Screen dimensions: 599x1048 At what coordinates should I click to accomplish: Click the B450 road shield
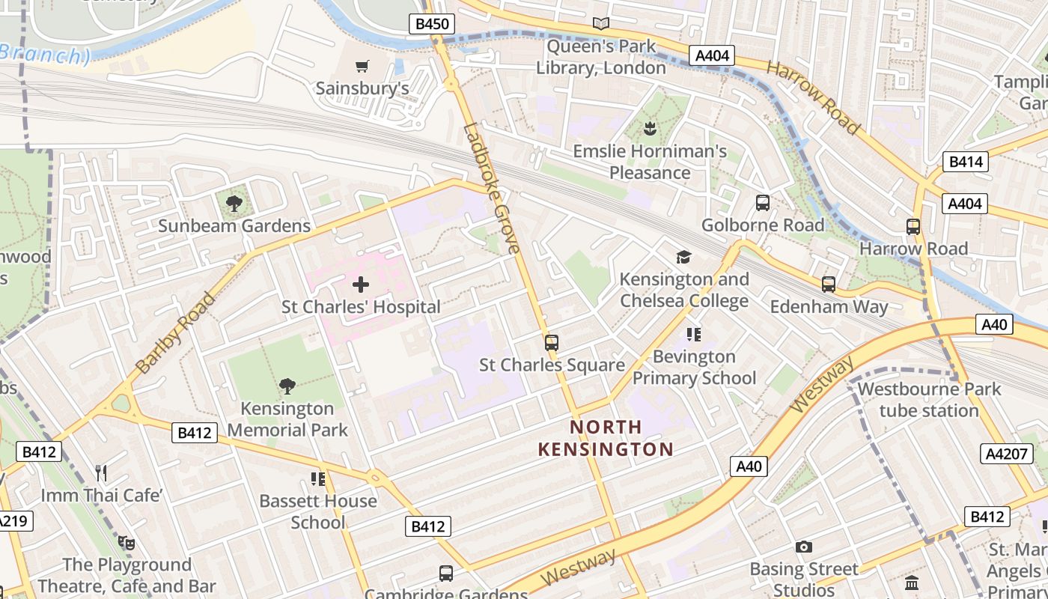coord(432,24)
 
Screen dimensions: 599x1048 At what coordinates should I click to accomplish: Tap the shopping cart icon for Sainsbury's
coord(362,66)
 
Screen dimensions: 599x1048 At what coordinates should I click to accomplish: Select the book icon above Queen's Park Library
coord(600,24)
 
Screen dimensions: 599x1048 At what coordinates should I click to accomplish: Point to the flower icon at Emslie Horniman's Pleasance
coord(650,129)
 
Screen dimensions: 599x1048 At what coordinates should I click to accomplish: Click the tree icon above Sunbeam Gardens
coord(234,202)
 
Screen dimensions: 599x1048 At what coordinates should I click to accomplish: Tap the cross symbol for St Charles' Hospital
coord(361,285)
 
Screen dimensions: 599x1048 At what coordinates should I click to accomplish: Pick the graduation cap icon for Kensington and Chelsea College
coord(683,257)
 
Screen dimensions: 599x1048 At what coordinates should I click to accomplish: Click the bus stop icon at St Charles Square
coord(552,343)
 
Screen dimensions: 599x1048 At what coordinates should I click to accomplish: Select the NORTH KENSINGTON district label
coord(606,438)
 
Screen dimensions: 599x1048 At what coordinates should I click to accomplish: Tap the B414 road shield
coord(967,161)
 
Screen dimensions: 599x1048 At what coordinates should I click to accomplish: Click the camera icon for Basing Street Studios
coord(804,547)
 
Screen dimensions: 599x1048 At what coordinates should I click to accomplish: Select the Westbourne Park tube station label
coord(929,400)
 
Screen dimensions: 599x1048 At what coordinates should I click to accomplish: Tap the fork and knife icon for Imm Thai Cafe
coord(102,472)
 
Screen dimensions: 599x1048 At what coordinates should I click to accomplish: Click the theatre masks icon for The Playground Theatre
coord(126,541)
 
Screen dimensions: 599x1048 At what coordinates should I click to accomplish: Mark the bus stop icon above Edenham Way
coord(829,285)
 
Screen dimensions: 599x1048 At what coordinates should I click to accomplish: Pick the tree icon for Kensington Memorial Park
coord(287,386)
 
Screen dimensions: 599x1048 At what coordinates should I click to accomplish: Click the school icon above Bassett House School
coord(318,478)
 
